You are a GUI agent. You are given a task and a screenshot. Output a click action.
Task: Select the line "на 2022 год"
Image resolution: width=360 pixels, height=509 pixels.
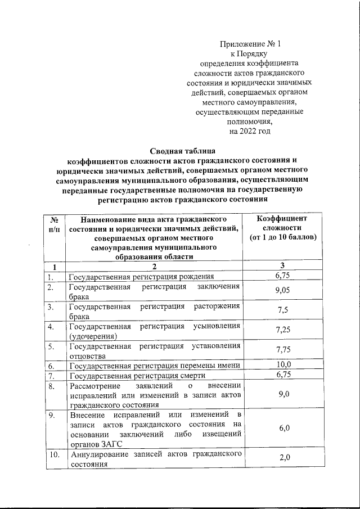[x=249, y=131]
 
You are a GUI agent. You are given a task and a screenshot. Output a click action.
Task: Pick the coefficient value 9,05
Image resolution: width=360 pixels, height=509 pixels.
[x=283, y=290]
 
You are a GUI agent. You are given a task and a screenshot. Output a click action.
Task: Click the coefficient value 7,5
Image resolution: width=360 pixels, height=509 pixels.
[x=283, y=311]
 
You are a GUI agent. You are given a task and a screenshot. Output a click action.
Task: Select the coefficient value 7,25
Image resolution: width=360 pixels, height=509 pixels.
[x=283, y=330]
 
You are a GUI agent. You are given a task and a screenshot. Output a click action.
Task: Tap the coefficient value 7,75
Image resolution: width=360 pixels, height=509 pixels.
[x=283, y=350]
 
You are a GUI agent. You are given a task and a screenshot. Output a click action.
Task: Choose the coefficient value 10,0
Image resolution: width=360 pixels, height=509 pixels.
[x=283, y=364]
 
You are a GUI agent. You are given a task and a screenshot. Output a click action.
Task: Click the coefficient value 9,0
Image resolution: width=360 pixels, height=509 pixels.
[x=283, y=395]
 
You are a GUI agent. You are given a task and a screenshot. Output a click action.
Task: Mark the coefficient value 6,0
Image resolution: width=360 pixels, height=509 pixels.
[x=283, y=428]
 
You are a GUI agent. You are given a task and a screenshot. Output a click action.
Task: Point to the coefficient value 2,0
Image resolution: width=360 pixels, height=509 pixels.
[x=283, y=458]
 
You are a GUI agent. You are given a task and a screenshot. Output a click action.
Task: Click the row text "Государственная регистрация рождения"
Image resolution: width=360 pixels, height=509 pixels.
[x=141, y=277]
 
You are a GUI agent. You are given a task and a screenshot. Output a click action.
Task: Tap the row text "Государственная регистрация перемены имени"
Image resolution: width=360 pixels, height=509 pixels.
[x=154, y=365]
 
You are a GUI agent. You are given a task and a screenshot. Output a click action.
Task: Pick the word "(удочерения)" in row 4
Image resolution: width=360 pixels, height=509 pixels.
[x=93, y=336]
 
